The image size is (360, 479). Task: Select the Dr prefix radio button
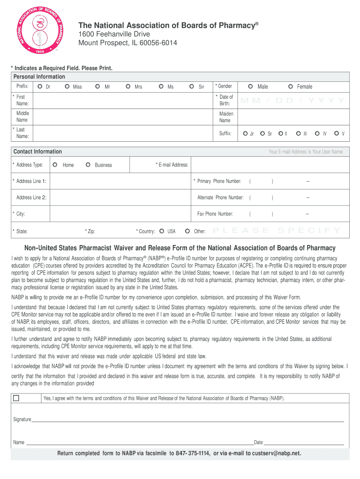pyautogui.click(x=40, y=87)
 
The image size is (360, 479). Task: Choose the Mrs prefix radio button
pyautogui.click(x=128, y=87)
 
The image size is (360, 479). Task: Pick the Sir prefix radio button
pyautogui.click(x=192, y=87)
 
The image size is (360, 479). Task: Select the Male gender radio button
pyautogui.click(x=251, y=87)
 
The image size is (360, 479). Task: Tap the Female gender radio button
pyautogui.click(x=290, y=87)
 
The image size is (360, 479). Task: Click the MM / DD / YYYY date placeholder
pyautogui.click(x=293, y=101)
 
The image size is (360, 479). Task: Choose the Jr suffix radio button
pyautogui.click(x=245, y=133)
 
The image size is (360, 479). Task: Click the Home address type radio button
pyautogui.click(x=55, y=165)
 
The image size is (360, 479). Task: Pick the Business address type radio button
pyautogui.click(x=88, y=165)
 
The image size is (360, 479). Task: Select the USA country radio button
pyautogui.click(x=161, y=231)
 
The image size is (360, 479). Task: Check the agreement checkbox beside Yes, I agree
pyautogui.click(x=16, y=399)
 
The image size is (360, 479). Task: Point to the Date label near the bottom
pyautogui.click(x=258, y=442)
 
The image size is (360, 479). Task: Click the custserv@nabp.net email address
pyautogui.click(x=276, y=453)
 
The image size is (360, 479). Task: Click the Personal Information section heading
pyautogui.click(x=39, y=77)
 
